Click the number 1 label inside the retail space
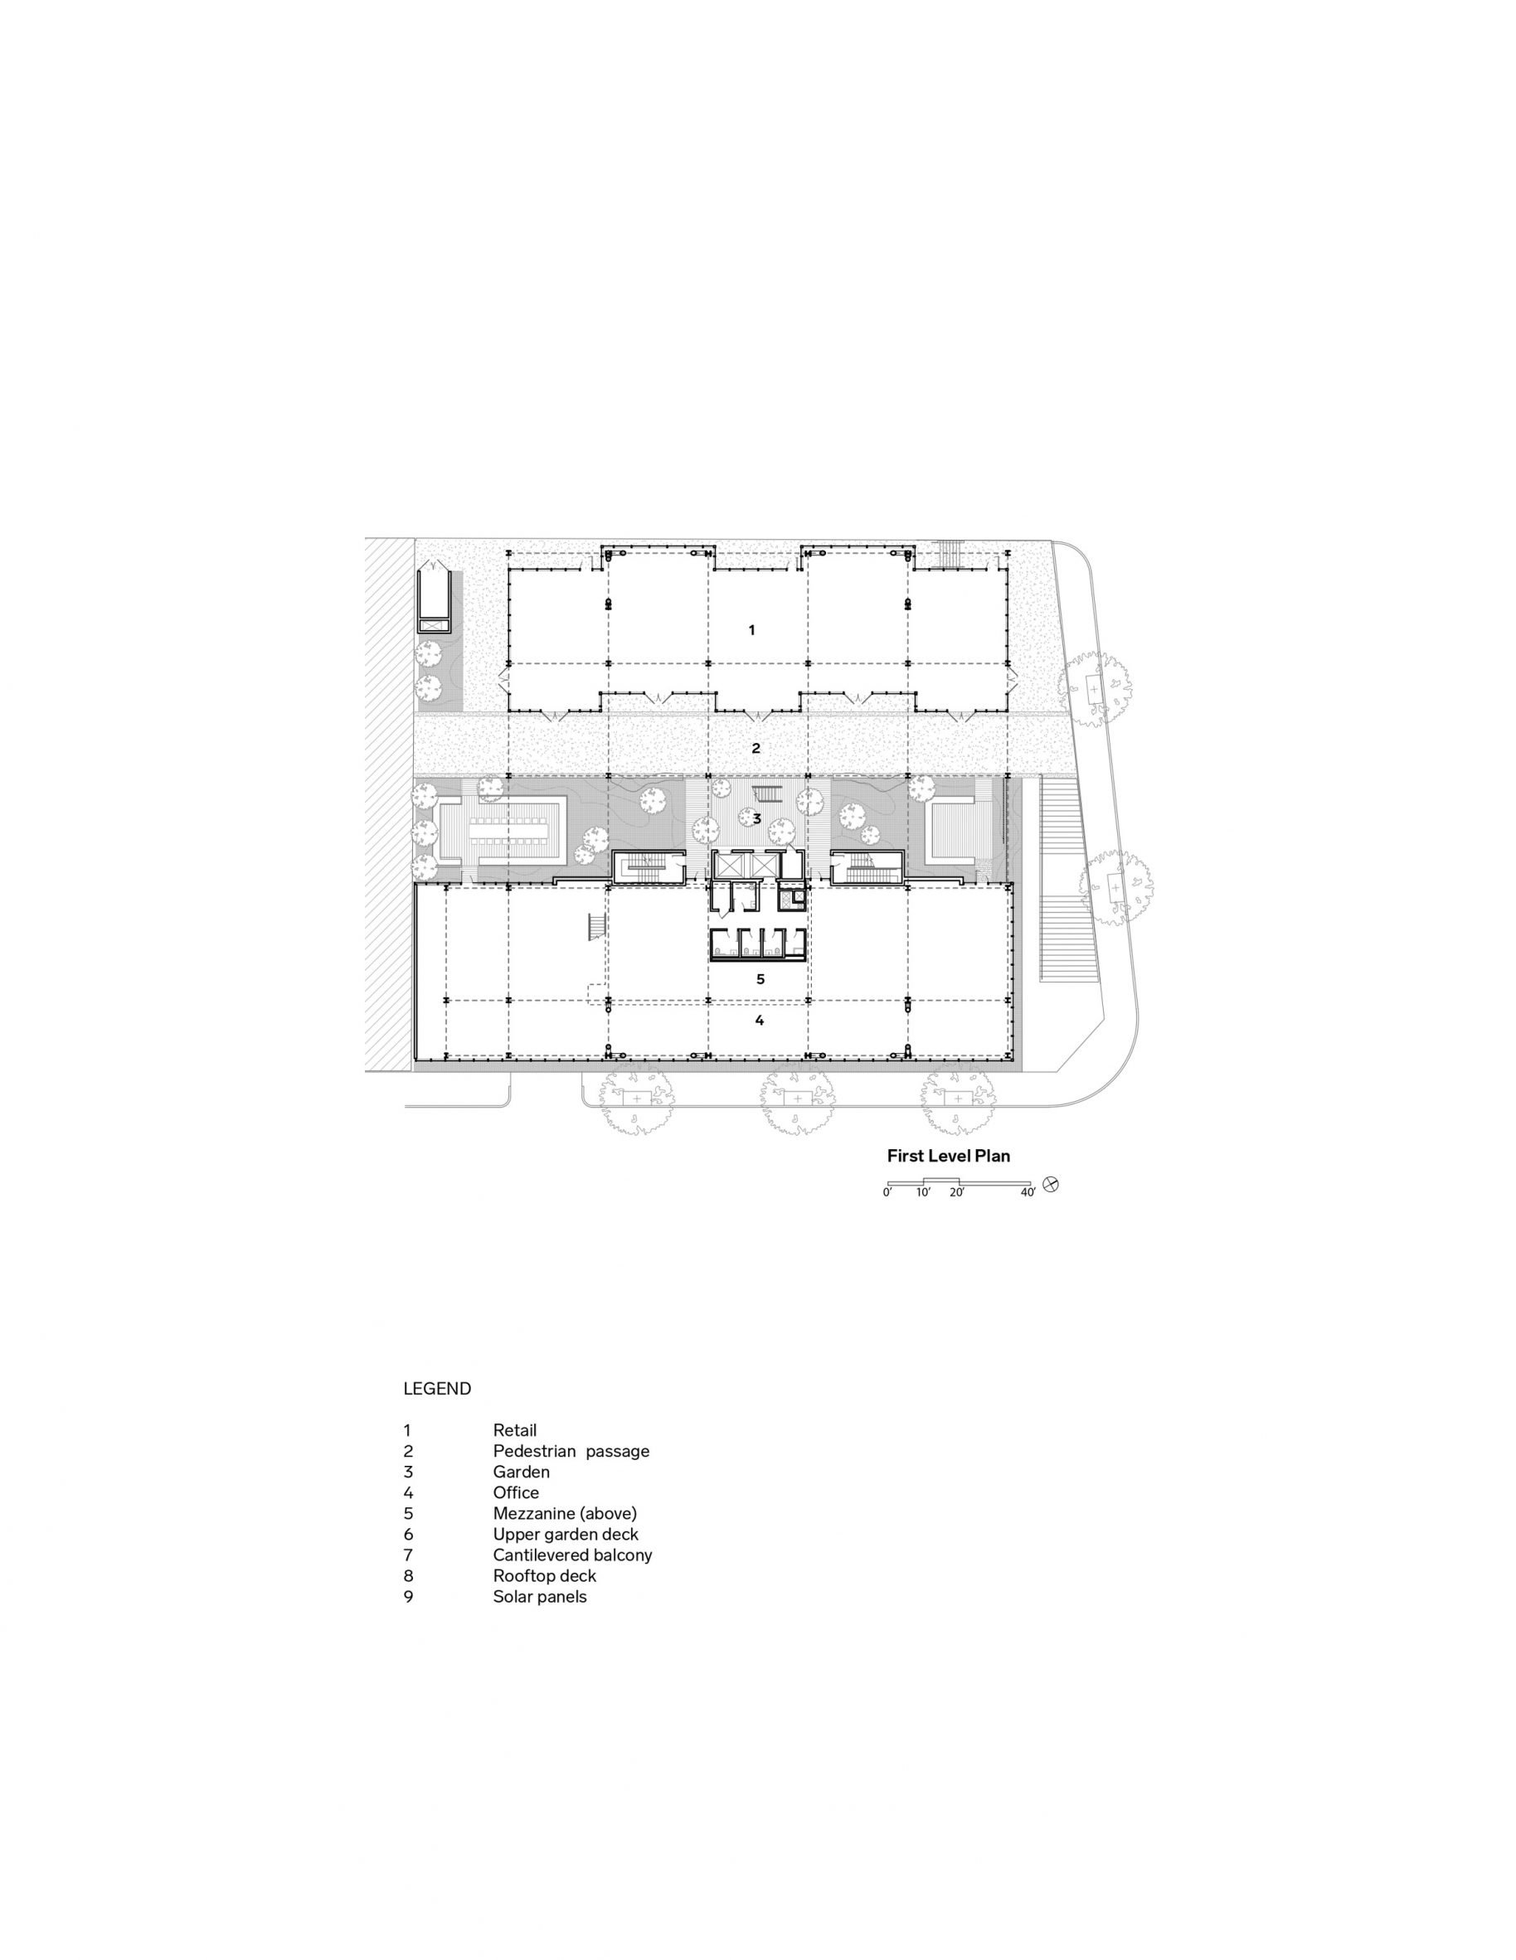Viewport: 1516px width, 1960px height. tap(752, 630)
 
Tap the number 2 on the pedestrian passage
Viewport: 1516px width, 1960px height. tap(756, 748)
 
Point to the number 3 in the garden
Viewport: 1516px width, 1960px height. tap(756, 818)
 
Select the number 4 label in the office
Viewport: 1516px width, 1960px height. tap(760, 1021)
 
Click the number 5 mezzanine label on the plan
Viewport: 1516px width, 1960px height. tap(760, 979)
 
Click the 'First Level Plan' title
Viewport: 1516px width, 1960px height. tap(948, 1156)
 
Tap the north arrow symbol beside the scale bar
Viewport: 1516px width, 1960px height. tap(1051, 1185)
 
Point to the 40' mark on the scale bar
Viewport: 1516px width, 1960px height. tap(1028, 1193)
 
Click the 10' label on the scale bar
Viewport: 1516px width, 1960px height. tap(924, 1193)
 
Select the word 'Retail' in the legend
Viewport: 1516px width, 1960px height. tap(514, 1430)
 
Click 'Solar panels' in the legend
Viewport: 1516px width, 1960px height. tap(539, 1597)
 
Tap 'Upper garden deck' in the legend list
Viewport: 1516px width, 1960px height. tap(566, 1535)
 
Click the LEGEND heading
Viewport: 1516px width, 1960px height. tap(437, 1388)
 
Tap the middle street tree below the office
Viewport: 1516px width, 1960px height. tap(796, 1099)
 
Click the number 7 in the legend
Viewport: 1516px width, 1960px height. tap(408, 1555)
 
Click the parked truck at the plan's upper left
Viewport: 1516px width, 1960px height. tap(435, 597)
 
